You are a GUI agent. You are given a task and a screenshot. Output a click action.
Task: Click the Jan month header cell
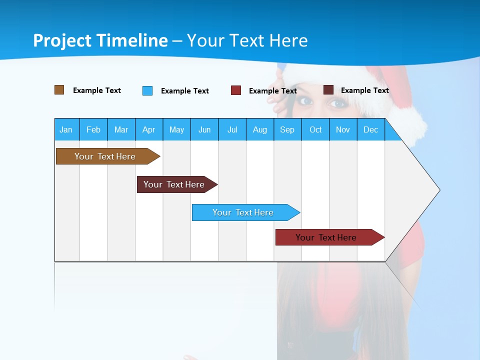[x=66, y=129]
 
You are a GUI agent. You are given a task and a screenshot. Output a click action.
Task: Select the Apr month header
[x=149, y=129]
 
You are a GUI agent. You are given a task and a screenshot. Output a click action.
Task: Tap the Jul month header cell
[x=232, y=129]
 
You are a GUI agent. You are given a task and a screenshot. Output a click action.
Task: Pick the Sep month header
[x=287, y=129]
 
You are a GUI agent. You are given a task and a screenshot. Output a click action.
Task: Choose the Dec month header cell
[x=370, y=129]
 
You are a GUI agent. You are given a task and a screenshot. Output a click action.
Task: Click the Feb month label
[x=93, y=129]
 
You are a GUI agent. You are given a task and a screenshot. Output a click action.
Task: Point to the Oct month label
[x=315, y=129]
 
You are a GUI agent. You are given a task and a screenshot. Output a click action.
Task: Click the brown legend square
[x=59, y=90]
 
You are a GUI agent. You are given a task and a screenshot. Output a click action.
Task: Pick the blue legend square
[x=147, y=90]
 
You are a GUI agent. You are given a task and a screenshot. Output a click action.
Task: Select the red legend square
[x=236, y=90]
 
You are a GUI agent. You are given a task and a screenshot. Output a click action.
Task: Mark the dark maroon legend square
[x=328, y=90]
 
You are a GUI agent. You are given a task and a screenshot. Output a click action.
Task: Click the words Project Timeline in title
[x=100, y=40]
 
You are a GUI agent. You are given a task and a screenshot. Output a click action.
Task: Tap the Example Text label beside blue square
[x=184, y=91]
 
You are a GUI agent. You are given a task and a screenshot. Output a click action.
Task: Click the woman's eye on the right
[x=338, y=103]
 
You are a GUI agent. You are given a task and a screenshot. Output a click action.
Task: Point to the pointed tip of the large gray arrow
[x=439, y=190]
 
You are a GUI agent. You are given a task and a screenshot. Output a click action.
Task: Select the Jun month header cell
[x=204, y=129]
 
